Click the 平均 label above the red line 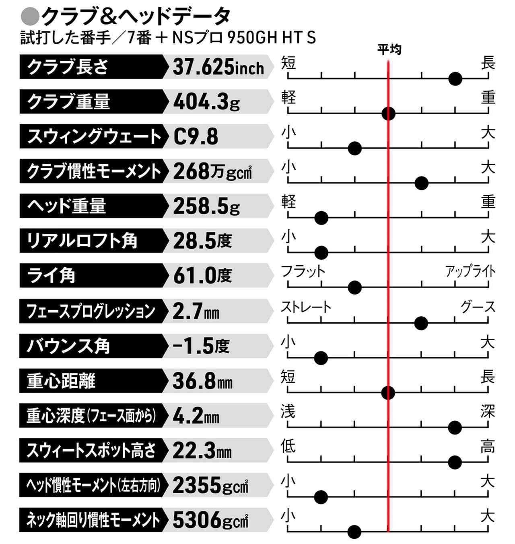[389, 49]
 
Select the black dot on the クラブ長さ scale [455, 79]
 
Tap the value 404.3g [206, 102]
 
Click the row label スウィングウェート [94, 136]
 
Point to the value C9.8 [196, 136]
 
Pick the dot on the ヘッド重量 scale [321, 218]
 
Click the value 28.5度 [202, 241]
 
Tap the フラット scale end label [303, 271]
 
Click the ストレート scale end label [306, 307]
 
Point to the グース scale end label [478, 307]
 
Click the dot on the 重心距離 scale [388, 392]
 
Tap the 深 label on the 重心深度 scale [488, 412]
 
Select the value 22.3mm [202, 451]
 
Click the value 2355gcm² [210, 485]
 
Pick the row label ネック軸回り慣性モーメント [93, 520]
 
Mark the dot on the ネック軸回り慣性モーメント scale [354, 532]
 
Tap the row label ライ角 [51, 276]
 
